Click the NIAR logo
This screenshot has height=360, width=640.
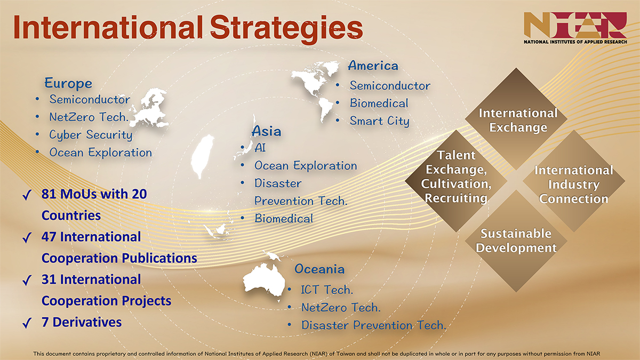click(575, 28)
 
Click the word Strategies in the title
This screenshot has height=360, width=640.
click(286, 29)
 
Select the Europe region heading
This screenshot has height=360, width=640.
click(68, 83)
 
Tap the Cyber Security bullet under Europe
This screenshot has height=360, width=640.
click(91, 135)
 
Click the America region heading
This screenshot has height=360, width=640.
click(373, 66)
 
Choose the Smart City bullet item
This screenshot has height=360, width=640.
click(379, 121)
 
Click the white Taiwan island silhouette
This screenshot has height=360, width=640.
click(202, 156)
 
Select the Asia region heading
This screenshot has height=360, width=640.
click(266, 131)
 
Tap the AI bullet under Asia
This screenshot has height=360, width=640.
click(260, 148)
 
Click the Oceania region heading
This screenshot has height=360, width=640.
click(319, 269)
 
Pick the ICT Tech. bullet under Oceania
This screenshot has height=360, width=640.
click(327, 290)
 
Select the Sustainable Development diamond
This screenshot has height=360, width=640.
click(516, 241)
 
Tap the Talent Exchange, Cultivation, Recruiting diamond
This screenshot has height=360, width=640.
click(456, 181)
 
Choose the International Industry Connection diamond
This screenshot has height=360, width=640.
click(574, 181)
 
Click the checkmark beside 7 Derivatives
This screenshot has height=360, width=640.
click(27, 323)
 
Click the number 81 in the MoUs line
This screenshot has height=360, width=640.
click(49, 194)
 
